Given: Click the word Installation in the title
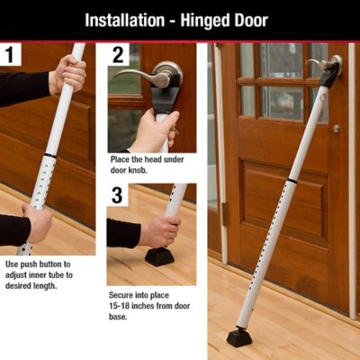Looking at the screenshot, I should click(131, 19).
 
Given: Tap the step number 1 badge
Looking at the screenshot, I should click(12, 55).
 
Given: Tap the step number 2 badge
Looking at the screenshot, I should click(119, 55).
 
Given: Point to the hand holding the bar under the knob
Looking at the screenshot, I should click(155, 131).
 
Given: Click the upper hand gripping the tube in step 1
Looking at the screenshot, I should click(67, 75).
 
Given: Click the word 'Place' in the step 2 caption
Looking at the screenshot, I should click(122, 160).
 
